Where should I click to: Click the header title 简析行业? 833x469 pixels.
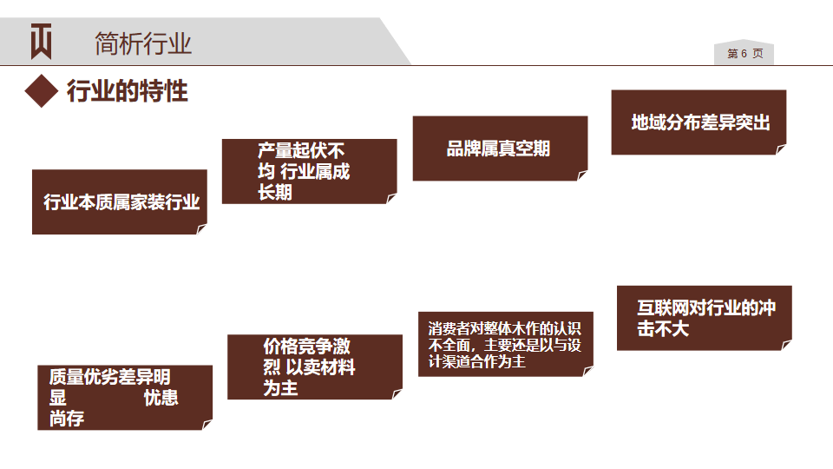[x=142, y=43]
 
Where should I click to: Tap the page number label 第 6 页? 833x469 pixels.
[x=744, y=54]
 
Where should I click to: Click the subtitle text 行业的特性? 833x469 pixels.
[x=128, y=91]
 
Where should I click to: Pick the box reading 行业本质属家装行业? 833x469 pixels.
[x=120, y=202]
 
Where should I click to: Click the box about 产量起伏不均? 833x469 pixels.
[x=309, y=171]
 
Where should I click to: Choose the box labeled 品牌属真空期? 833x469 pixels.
[x=499, y=149]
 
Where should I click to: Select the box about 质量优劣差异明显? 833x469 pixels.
[x=125, y=398]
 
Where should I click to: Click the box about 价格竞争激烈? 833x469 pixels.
[x=314, y=367]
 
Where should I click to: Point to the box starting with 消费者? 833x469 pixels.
[x=505, y=344]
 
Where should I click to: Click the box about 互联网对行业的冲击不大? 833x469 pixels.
[x=704, y=318]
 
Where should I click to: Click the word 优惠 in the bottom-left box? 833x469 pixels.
[x=161, y=398]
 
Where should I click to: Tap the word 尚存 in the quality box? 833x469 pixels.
[x=67, y=419]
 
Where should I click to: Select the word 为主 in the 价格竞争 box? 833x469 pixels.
[x=280, y=388]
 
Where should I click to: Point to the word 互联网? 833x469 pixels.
[x=664, y=308]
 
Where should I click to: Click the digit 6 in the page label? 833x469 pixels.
[x=744, y=54]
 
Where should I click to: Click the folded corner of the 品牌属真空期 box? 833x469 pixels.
[x=581, y=175]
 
